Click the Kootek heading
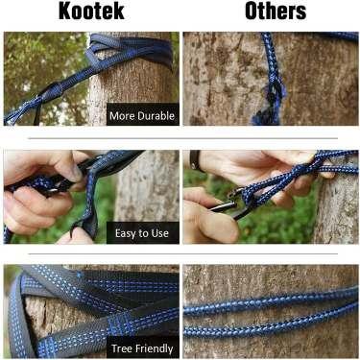click(x=91, y=12)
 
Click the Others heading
click(x=276, y=12)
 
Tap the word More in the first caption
click(x=121, y=116)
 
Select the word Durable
click(x=155, y=115)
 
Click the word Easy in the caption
click(x=126, y=233)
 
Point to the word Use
click(x=159, y=233)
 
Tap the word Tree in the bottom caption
click(x=122, y=348)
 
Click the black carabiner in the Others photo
click(x=233, y=204)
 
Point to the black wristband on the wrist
click(x=195, y=160)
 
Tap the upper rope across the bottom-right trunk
click(x=271, y=301)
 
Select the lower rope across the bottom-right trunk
click(x=271, y=324)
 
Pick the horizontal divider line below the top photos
click(x=182, y=138)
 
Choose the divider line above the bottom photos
click(x=182, y=253)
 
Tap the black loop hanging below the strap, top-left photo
click(x=37, y=112)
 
